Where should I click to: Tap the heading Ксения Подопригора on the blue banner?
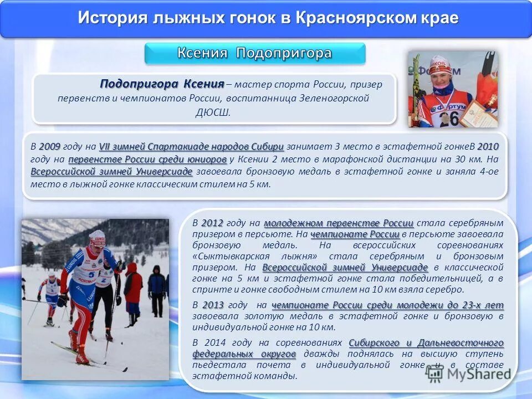coord(254,53)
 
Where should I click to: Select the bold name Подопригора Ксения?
coord(162,84)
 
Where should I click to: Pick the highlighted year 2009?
coord(50,147)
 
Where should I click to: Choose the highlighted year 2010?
coord(488,147)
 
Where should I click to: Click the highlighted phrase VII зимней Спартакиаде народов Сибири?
coord(191,147)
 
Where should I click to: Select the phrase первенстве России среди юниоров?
coord(148,160)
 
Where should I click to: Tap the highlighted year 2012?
coord(212,223)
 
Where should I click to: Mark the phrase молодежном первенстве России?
coord(339,223)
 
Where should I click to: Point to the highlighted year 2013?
coord(213,305)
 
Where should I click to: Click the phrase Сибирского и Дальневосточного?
coord(426,342)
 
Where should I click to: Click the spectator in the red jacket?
coord(133,288)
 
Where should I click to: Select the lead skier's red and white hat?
coord(98,237)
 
